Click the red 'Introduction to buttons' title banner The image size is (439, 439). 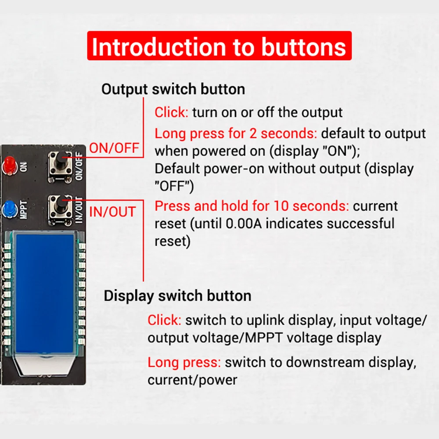(219, 46)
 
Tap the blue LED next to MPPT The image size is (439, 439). (9, 209)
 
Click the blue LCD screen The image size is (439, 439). (45, 293)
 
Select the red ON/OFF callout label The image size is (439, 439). (114, 148)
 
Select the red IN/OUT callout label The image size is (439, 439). (112, 212)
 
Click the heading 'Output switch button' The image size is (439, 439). (173, 89)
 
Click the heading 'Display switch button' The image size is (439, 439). (177, 295)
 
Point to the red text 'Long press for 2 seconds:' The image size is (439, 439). (236, 133)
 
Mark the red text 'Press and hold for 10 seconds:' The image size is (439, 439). (252, 206)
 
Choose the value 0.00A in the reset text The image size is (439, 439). (244, 224)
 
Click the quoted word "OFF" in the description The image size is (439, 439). (174, 186)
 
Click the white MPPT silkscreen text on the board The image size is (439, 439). (24, 209)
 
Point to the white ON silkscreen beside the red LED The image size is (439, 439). (24, 166)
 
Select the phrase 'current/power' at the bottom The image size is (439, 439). (192, 380)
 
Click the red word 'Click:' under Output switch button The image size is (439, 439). (171, 112)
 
